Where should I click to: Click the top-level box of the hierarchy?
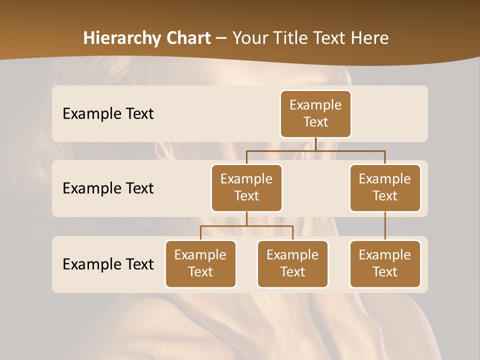[315, 113]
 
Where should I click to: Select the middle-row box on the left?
[246, 187]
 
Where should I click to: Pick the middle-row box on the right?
[385, 187]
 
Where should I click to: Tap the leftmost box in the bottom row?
[200, 263]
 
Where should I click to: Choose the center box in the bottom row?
[292, 263]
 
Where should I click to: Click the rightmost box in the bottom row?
[385, 263]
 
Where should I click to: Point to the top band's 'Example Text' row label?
[108, 114]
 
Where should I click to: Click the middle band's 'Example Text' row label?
[108, 188]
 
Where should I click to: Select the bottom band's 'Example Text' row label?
[108, 264]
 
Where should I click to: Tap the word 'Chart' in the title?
[188, 38]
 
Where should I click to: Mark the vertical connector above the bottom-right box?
[385, 225]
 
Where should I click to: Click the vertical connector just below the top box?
[316, 144]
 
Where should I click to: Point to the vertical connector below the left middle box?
[246, 218]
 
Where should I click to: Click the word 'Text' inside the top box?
[315, 122]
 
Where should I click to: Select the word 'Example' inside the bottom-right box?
[385, 255]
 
